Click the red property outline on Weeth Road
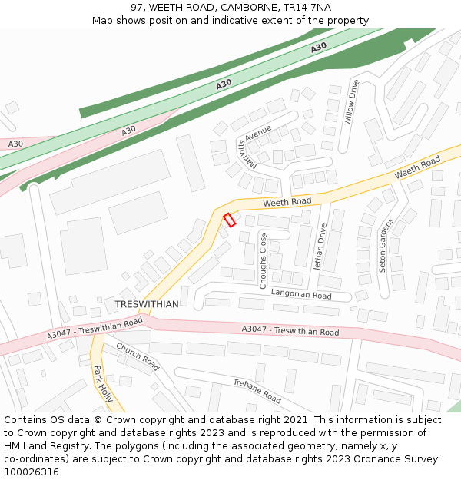(229, 220)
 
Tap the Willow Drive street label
(352, 103)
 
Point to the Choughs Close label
(264, 261)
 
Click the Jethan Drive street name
(320, 247)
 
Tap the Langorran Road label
(301, 295)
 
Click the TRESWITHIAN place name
(147, 304)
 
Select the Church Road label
(138, 356)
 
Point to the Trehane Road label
(257, 390)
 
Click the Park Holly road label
(103, 383)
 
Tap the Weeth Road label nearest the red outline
(287, 201)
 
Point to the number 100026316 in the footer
(32, 472)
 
